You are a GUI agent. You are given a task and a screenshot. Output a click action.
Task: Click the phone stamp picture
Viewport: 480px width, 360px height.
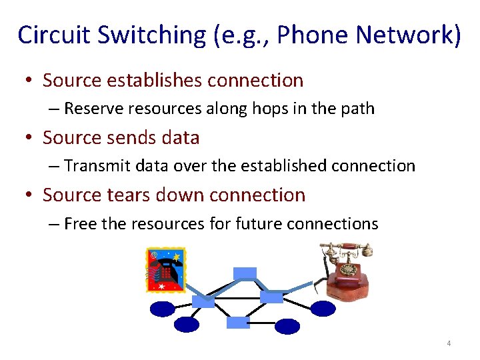coord(166,270)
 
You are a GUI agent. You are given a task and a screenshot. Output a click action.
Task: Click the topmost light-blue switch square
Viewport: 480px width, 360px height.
coord(245,273)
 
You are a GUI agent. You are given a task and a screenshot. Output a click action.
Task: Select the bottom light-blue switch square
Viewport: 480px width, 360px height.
coord(238,323)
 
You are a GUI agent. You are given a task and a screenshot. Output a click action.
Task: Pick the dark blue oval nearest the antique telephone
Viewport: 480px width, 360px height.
coord(323,308)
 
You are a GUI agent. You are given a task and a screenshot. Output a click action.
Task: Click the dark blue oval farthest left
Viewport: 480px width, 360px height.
coord(162,309)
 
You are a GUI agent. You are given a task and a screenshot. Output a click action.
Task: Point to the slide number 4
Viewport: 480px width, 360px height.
coord(449,343)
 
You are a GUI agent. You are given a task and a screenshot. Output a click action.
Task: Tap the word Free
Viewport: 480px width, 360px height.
coord(79,223)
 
